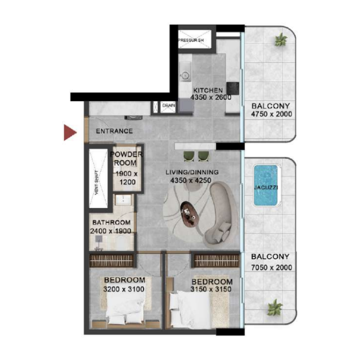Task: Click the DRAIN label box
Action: click(168, 106)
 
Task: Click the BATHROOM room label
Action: click(111, 222)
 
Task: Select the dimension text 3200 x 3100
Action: click(124, 289)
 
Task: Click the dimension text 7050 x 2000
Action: click(271, 268)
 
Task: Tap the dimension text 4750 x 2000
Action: click(271, 114)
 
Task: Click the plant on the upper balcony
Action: click(281, 40)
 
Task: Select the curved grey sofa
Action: click(220, 211)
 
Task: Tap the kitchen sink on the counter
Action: click(184, 71)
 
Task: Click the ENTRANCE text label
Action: click(114, 131)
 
